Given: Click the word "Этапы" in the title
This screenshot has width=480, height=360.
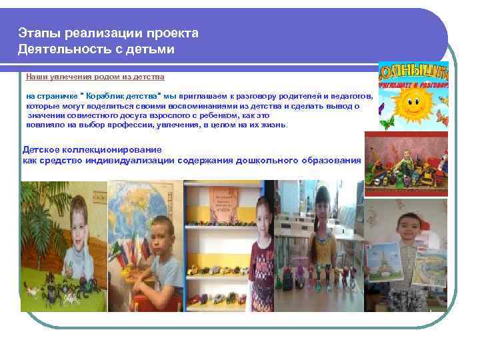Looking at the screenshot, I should pyautogui.click(x=35, y=33).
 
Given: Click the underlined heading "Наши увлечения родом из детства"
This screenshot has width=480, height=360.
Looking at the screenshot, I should pyautogui.click(x=95, y=77).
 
